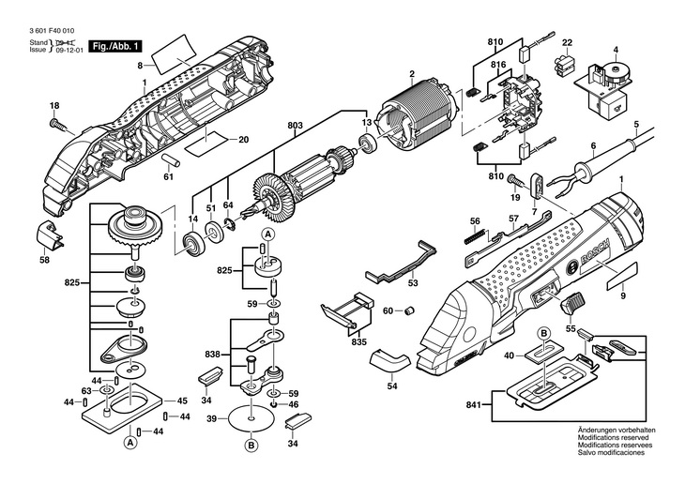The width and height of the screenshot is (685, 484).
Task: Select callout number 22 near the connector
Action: point(567,43)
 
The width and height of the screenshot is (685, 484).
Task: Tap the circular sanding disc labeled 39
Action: point(251,417)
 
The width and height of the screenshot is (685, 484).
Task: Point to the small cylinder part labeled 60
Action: point(410,310)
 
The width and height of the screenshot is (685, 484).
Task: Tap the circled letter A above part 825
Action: point(267,234)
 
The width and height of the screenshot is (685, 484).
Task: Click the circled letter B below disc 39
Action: point(251,445)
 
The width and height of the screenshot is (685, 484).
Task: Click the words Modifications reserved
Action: point(616,437)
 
